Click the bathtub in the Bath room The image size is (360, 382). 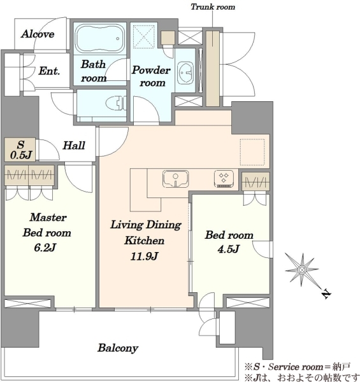[99, 38]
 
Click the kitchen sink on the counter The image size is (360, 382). [175, 179]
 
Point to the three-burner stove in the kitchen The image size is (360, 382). [224, 179]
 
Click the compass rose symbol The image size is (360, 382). [302, 270]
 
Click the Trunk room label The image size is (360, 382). [213, 7]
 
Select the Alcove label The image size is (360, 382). [38, 34]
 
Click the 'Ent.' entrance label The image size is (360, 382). [49, 71]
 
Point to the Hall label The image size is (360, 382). [74, 145]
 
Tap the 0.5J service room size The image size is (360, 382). [21, 155]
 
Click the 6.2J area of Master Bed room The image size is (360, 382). [45, 248]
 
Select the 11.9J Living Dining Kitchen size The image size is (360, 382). [144, 257]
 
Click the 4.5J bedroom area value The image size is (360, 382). [228, 249]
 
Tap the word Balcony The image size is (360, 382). [118, 348]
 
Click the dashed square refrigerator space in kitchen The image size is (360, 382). [252, 152]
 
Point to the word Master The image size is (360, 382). [48, 217]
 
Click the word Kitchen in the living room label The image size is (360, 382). [144, 241]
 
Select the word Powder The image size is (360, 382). [151, 70]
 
